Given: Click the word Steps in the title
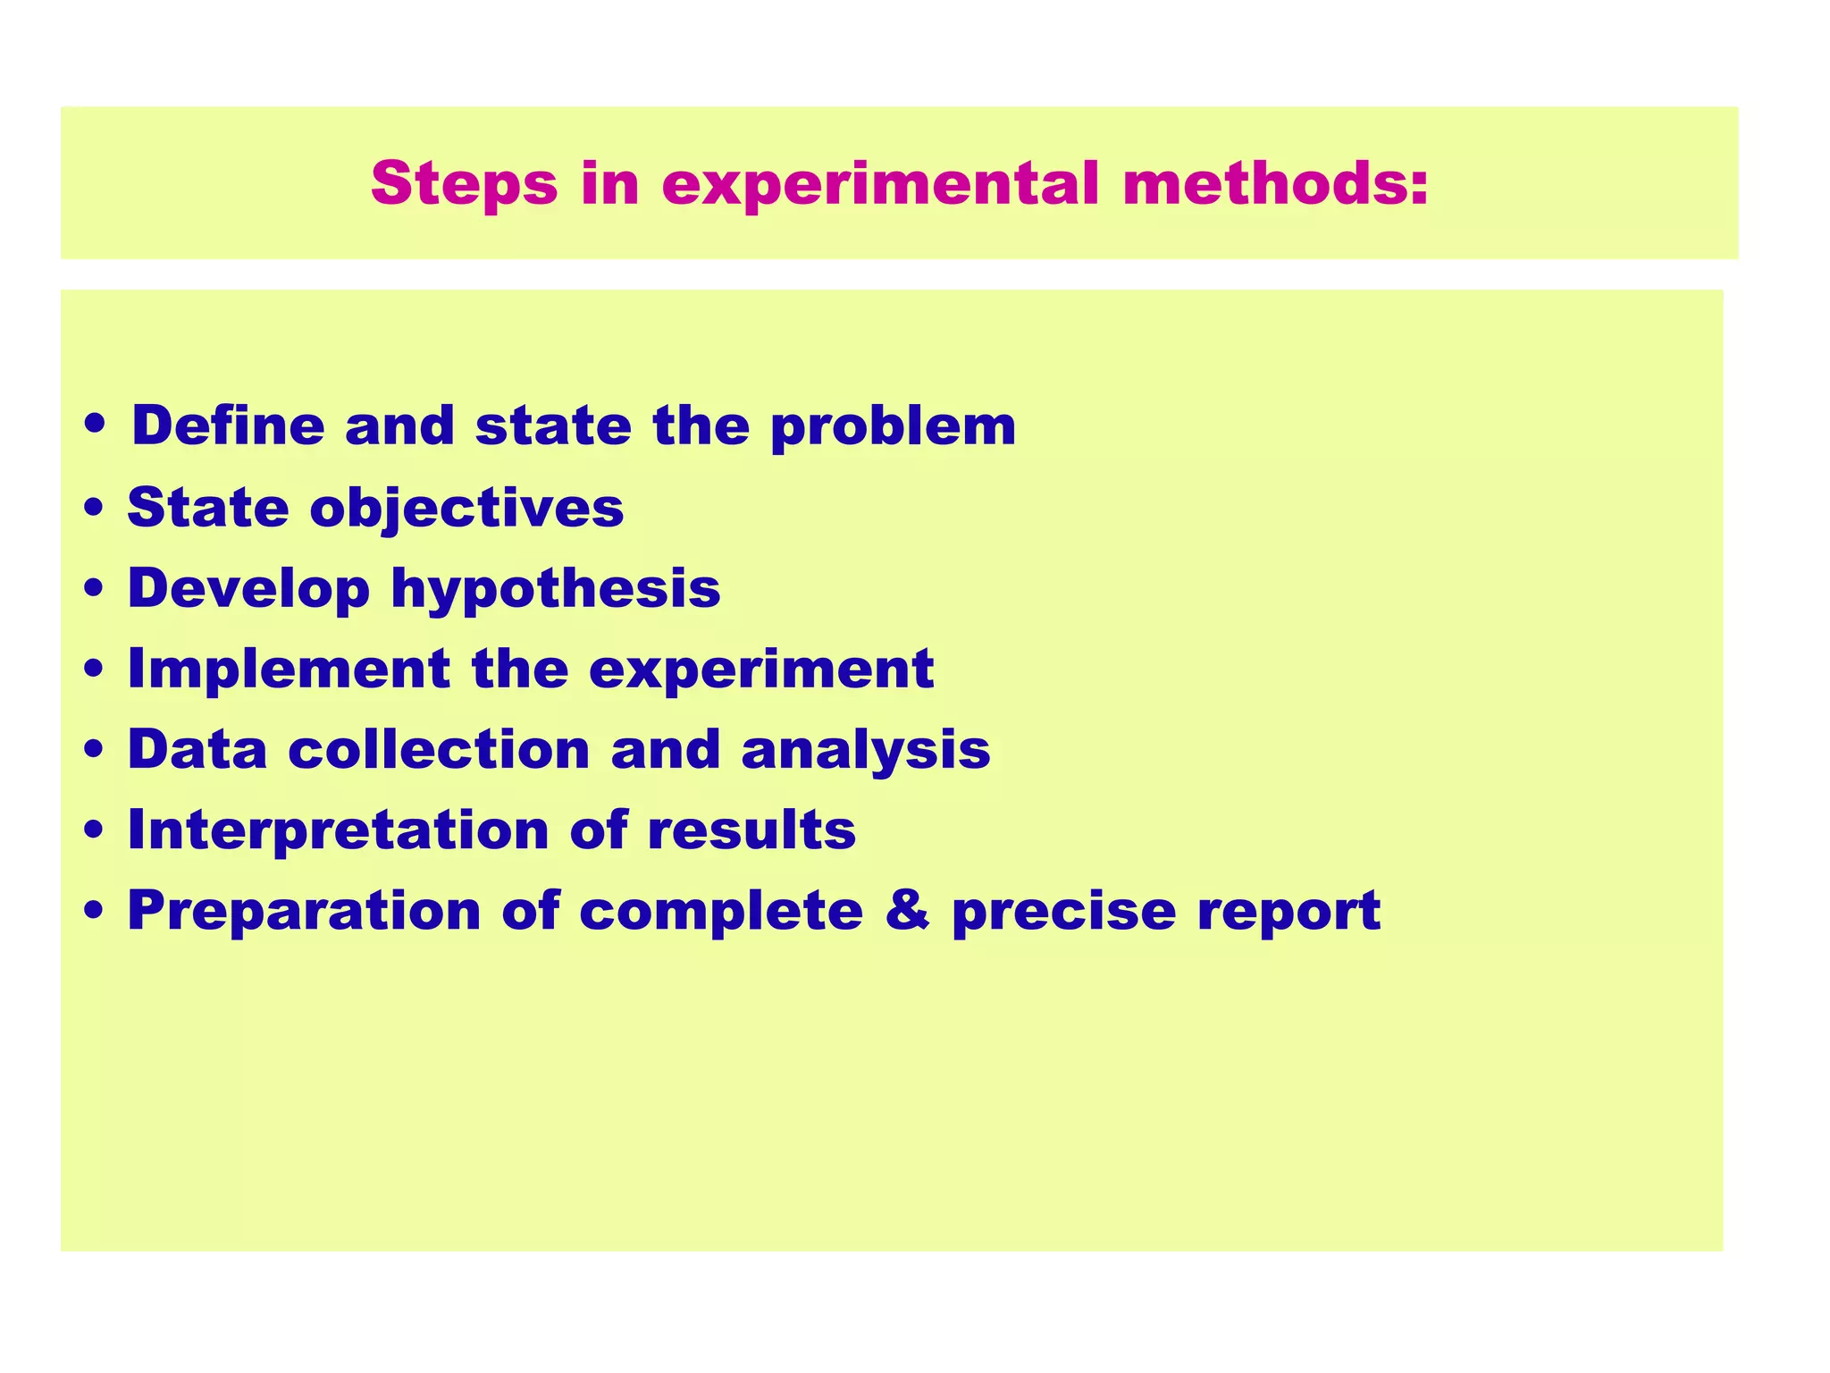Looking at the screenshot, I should click(x=464, y=184).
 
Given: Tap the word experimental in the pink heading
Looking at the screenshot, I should click(x=879, y=184).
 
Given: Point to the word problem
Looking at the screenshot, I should click(x=893, y=427).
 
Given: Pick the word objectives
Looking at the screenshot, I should click(x=466, y=510).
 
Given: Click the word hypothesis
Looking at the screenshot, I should click(x=556, y=590).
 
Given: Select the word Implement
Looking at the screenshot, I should click(x=289, y=670).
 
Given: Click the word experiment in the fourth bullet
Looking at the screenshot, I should click(x=760, y=670).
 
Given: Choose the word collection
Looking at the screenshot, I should click(x=439, y=749).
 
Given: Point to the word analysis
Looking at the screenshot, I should click(x=865, y=751).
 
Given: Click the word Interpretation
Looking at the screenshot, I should click(x=338, y=830).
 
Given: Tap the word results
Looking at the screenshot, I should click(x=751, y=830).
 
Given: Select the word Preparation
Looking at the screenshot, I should click(x=304, y=912).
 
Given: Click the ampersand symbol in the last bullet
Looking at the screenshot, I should click(x=907, y=911).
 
